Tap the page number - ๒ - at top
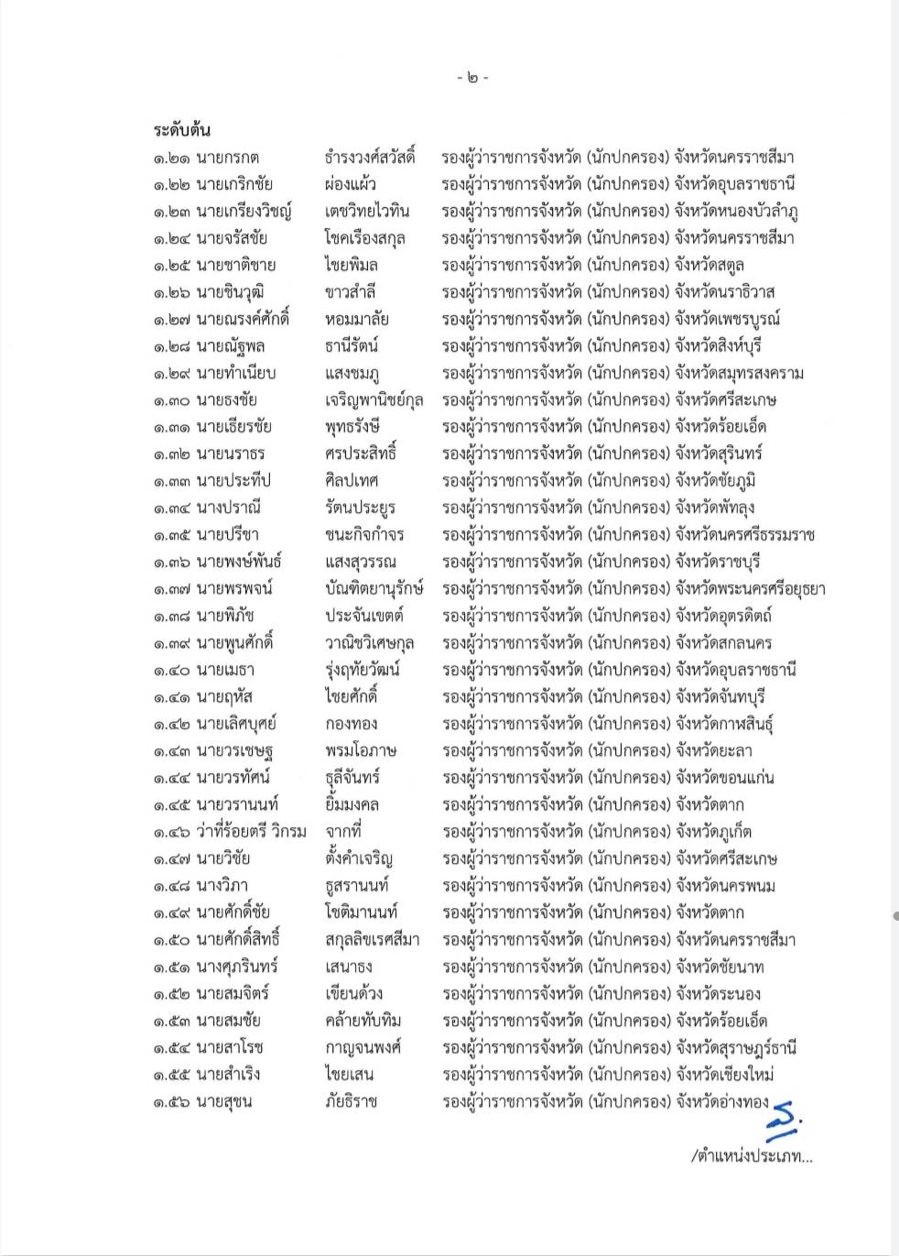point(472,78)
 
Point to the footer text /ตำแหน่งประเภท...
point(752,1156)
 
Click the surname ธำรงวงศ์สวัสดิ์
point(370,157)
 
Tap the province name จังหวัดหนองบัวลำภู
point(736,211)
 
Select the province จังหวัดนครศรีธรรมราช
point(744,535)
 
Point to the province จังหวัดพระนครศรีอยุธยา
point(750,588)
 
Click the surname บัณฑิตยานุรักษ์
point(374,588)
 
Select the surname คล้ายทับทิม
point(363,1021)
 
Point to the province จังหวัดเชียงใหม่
point(724,1074)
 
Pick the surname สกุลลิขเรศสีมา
point(372,939)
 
